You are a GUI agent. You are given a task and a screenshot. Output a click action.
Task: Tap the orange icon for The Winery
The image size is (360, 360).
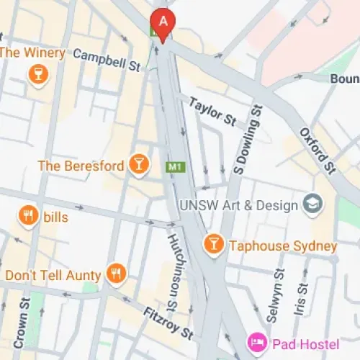(x=37, y=73)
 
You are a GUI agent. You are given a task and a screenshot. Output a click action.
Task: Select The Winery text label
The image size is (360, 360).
(x=32, y=53)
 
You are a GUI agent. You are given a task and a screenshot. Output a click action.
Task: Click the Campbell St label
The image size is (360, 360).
(x=107, y=60)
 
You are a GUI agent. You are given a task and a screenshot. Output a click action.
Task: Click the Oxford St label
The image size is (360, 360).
(x=318, y=151)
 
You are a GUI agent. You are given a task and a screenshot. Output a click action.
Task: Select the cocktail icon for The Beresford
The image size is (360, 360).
(x=138, y=166)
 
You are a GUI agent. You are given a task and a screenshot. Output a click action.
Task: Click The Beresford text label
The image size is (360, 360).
(x=81, y=166)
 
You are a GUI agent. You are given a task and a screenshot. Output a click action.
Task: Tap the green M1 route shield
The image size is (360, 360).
(x=173, y=167)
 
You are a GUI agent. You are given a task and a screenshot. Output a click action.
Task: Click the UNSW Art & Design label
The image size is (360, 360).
(x=239, y=204)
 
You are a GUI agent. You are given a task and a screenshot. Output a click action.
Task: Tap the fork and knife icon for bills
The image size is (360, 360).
(x=28, y=216)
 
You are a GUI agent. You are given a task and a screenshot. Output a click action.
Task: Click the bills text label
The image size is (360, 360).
(x=55, y=217)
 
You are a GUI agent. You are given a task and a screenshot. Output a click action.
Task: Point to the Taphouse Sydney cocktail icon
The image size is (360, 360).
(x=213, y=245)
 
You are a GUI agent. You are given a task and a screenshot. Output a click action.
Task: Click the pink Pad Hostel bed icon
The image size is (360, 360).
(x=256, y=341)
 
